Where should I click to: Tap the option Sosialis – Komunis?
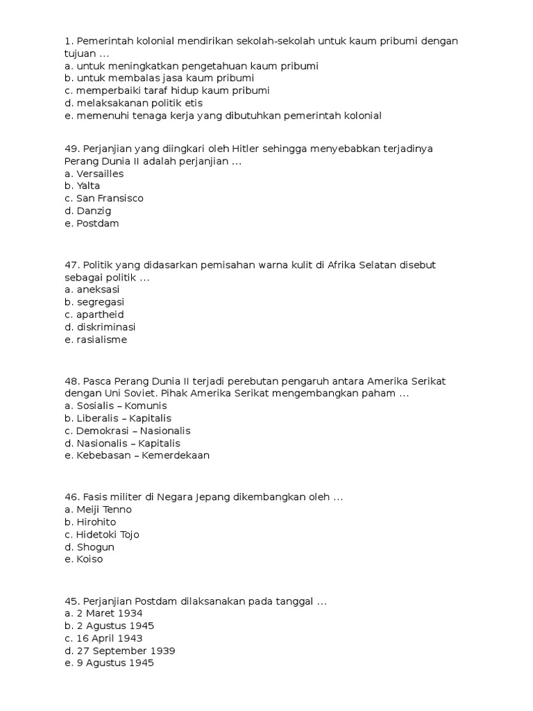coord(121,405)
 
